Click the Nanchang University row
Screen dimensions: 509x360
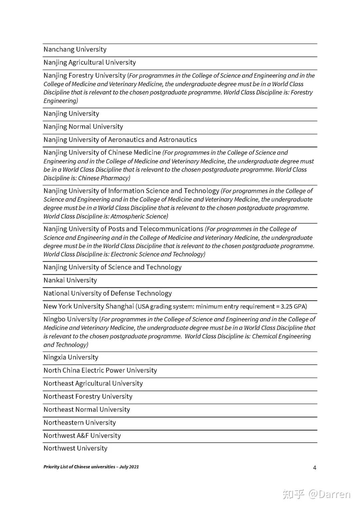point(75,49)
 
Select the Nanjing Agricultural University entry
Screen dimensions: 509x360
point(90,62)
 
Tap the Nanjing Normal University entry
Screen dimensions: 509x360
point(83,127)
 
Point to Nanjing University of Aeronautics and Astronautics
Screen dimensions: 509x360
point(120,140)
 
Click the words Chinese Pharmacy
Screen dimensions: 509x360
point(103,178)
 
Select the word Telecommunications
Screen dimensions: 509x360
point(171,229)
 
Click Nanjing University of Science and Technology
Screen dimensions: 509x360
point(112,267)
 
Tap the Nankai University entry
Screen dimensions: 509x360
point(70,280)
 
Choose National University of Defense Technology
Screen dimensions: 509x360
point(108,293)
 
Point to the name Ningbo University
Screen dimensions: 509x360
point(70,319)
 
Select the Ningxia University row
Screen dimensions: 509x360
point(71,357)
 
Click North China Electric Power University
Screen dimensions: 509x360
point(100,370)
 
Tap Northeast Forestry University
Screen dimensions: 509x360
point(88,396)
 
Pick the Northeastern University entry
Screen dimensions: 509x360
point(80,423)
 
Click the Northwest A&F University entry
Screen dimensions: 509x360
point(82,436)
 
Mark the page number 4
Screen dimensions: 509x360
point(315,468)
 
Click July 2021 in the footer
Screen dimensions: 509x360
point(129,467)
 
